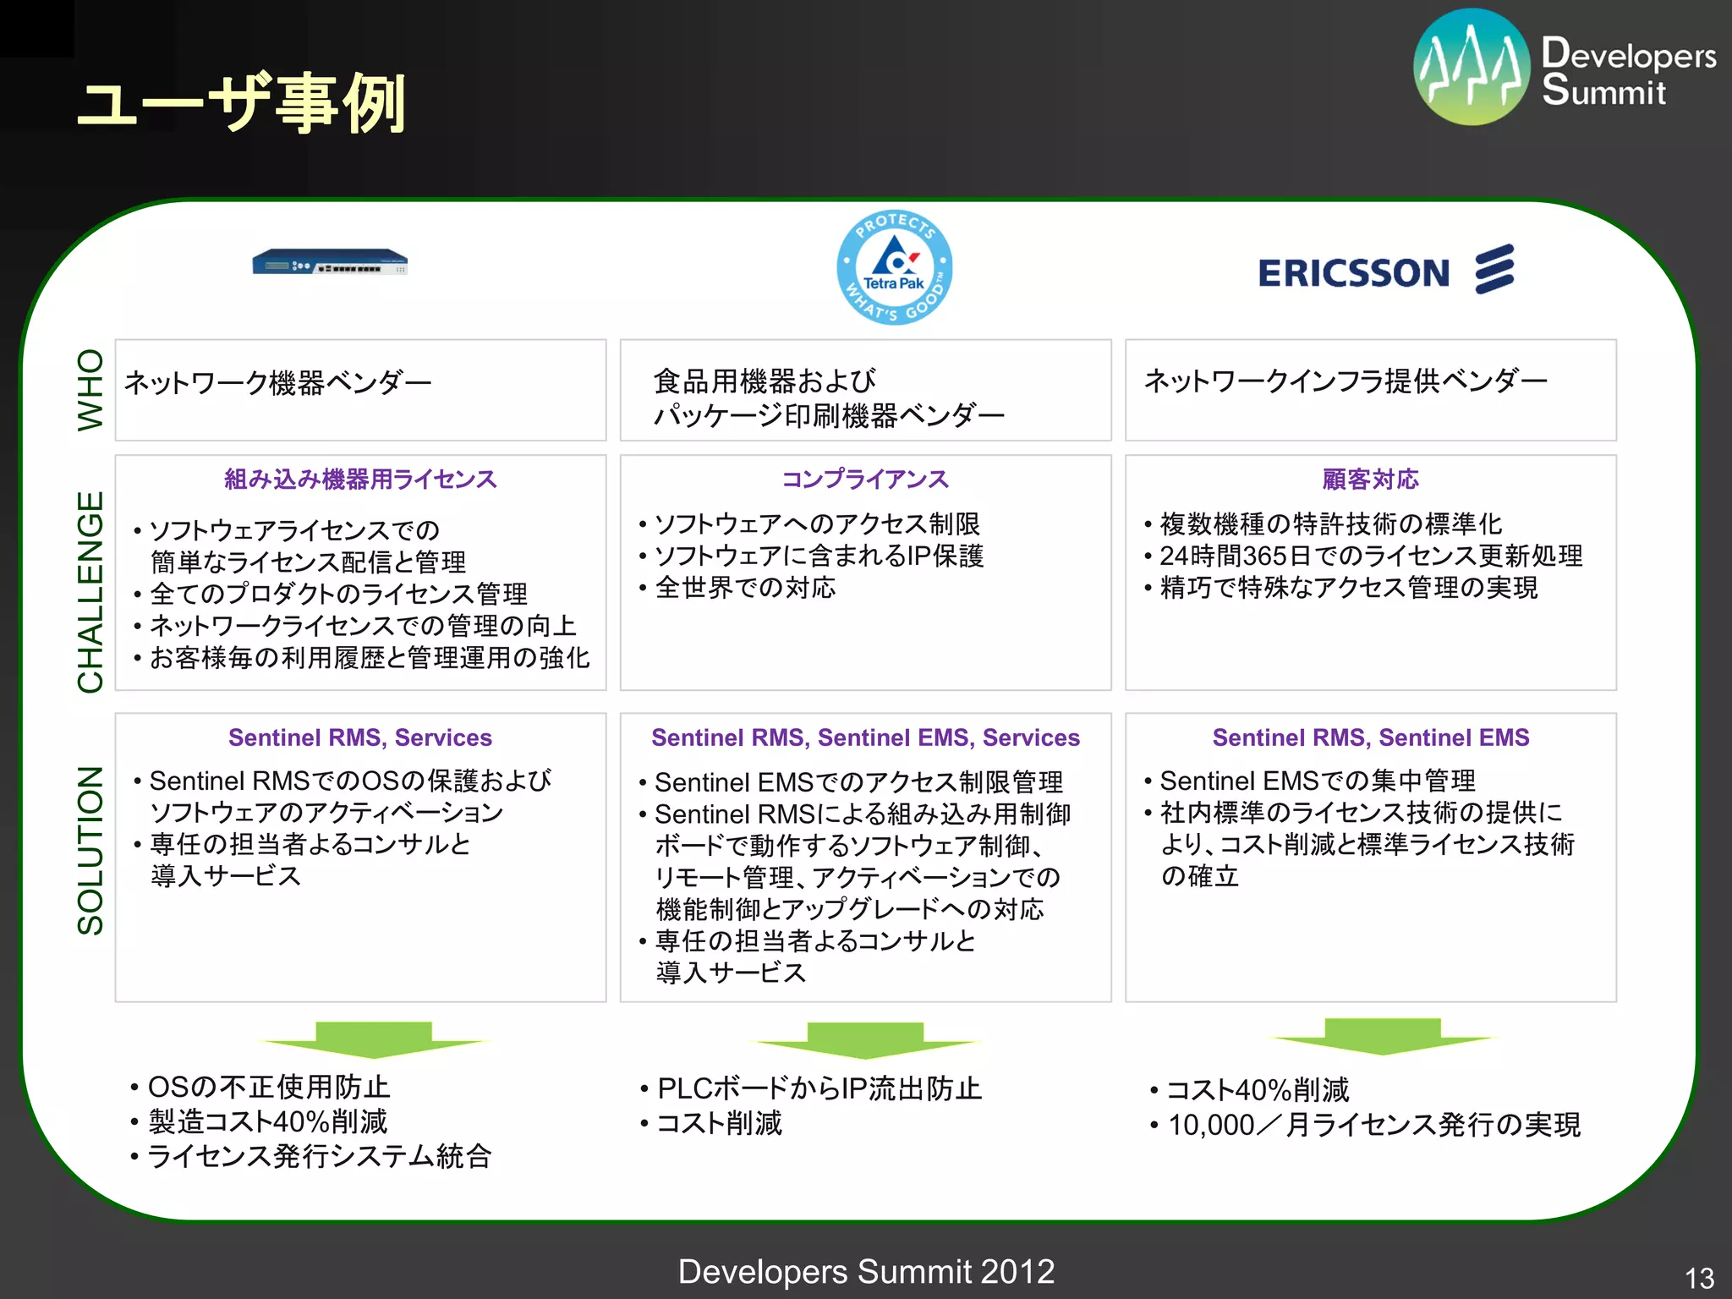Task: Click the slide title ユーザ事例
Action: pos(241,103)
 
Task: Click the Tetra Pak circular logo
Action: pos(894,267)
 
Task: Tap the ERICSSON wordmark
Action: pos(1353,273)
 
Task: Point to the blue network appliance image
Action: pos(330,261)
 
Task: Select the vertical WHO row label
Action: pos(90,389)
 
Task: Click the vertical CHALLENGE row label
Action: pos(90,591)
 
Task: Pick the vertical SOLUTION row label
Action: pos(90,850)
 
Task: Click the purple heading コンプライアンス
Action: pos(864,480)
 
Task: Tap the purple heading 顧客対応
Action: pos(1370,480)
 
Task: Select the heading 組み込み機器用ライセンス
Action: pos(360,480)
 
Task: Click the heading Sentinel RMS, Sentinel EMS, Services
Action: pos(864,737)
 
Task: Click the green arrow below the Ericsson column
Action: pos(1382,1037)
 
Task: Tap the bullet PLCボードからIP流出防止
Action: pos(819,1088)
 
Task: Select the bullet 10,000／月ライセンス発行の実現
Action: pos(1373,1125)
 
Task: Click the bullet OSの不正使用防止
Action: pos(268,1087)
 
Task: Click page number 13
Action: pos(1698,1277)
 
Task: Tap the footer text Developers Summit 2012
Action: pos(866,1271)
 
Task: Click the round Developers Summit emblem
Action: pos(1472,67)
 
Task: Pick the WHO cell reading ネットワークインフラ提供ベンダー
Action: pos(1345,381)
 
